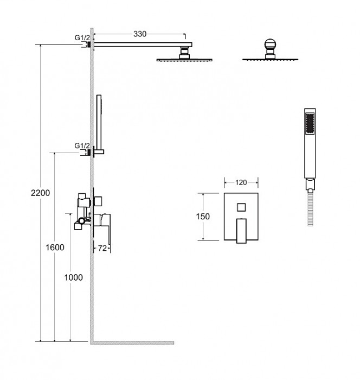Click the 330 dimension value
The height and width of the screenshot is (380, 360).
pos(140,34)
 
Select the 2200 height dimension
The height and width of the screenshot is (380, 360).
pos(41,193)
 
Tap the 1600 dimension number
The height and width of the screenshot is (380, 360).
pos(55,248)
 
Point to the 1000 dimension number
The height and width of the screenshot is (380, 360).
pos(73,277)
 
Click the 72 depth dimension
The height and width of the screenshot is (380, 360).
pos(102,249)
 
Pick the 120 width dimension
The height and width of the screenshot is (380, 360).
pos(241,182)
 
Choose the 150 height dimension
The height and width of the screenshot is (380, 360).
pos(203,217)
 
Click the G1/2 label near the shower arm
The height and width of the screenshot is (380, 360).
pos(82,38)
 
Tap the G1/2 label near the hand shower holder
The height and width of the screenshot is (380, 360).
pos(82,146)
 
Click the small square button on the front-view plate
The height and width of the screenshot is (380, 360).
pos(241,207)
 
